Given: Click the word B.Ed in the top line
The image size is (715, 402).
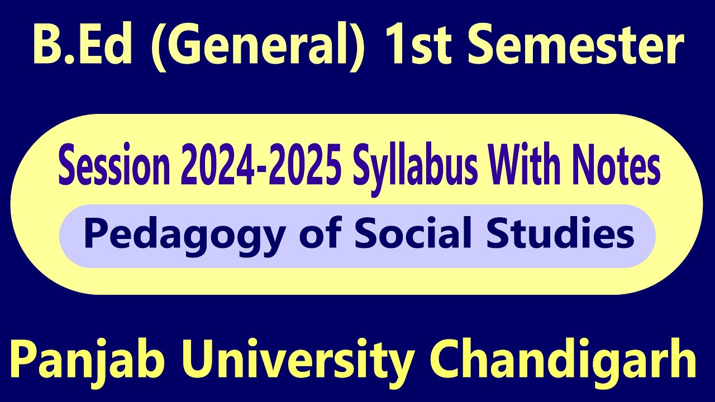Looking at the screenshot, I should (83, 45).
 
